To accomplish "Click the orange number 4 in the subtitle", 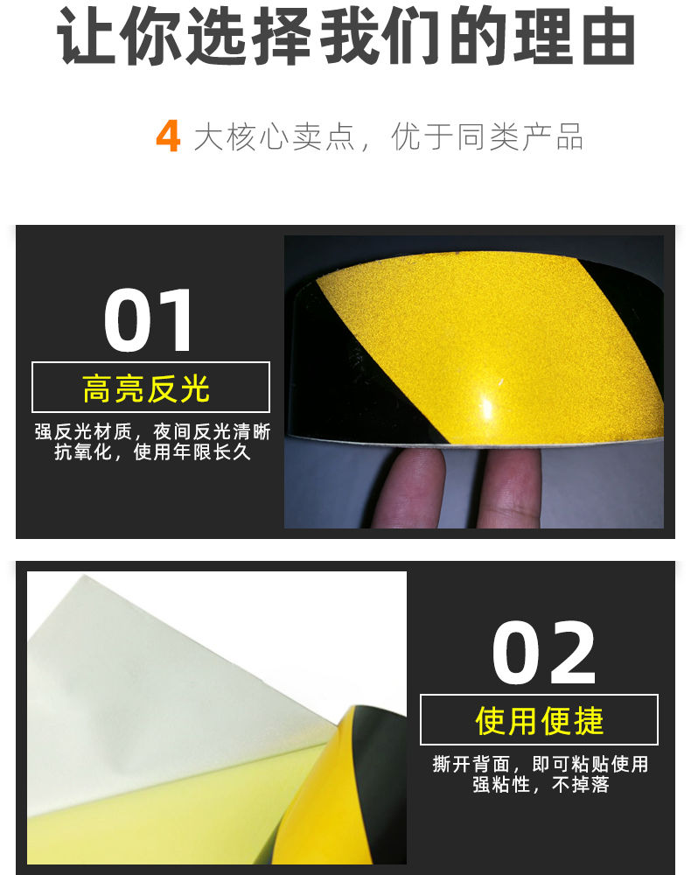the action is tap(168, 136).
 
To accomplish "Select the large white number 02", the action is tap(544, 653).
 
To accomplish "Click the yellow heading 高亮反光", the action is tap(146, 389).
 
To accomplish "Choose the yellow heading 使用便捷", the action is tap(540, 721).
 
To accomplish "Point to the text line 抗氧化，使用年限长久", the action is tap(152, 451).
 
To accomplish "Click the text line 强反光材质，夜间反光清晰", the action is tap(152, 431).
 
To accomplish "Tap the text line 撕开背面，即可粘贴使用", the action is tap(541, 764).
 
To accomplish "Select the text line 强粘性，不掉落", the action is tap(541, 784).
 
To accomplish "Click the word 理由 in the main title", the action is tap(576, 37).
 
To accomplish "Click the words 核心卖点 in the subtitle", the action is tap(290, 136).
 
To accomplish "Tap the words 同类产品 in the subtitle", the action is tap(520, 136).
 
